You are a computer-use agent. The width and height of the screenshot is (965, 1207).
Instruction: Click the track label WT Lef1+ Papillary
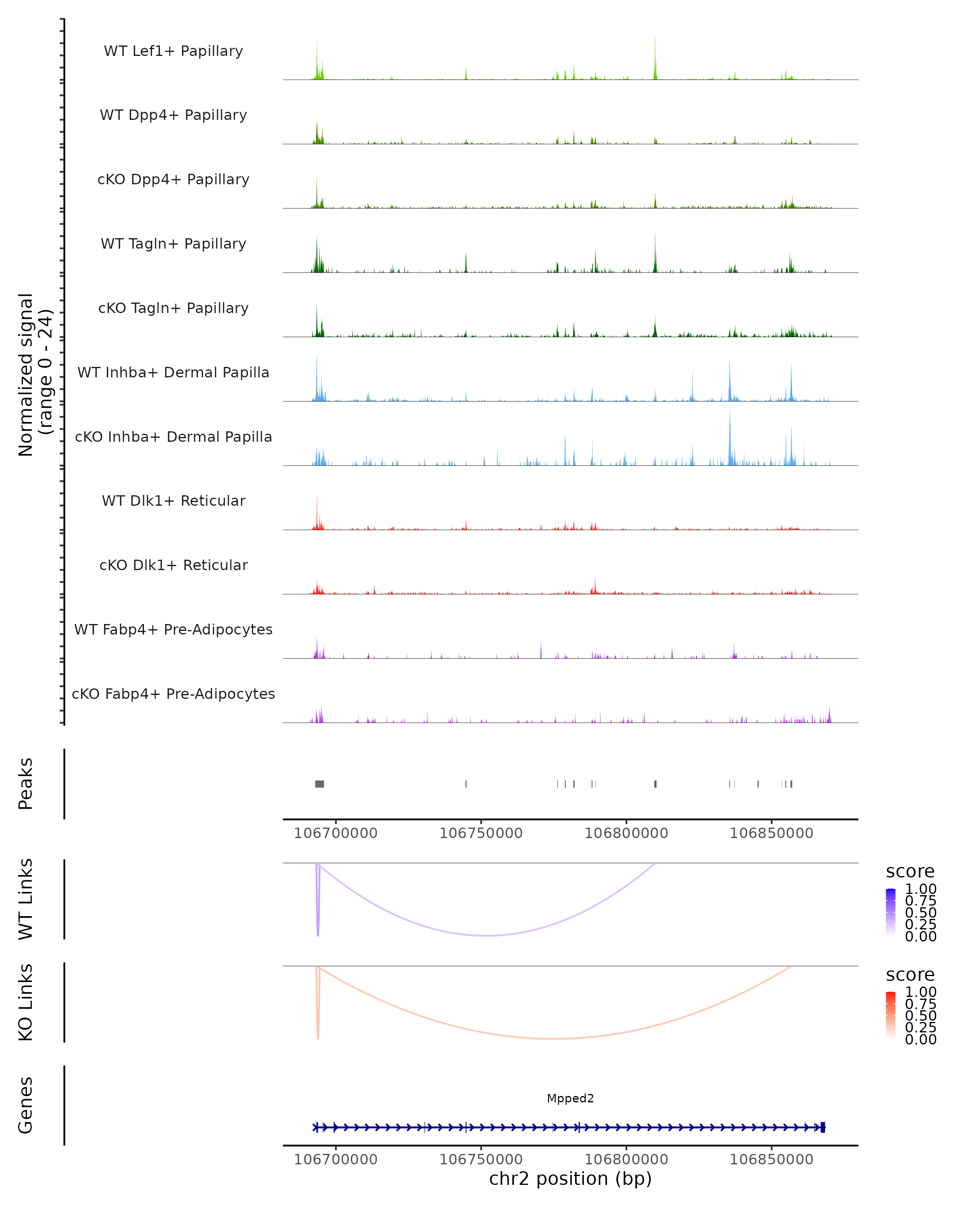pos(173,51)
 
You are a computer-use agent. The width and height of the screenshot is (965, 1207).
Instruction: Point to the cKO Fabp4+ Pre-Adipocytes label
pos(173,694)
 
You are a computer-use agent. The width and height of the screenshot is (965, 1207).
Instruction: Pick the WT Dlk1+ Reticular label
pos(173,501)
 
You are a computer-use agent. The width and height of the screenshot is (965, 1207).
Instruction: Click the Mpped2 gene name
pos(570,1098)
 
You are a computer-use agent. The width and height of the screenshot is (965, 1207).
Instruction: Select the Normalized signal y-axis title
pos(35,375)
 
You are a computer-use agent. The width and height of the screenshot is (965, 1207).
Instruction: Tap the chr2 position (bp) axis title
pos(570,1178)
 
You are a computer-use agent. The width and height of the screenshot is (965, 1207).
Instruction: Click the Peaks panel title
pos(26,783)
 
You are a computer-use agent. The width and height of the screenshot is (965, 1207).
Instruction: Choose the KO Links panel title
pos(26,1002)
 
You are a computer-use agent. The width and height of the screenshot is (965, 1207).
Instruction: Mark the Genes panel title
pos(26,1105)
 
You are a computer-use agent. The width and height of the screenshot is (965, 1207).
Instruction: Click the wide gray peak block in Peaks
pos(319,784)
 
